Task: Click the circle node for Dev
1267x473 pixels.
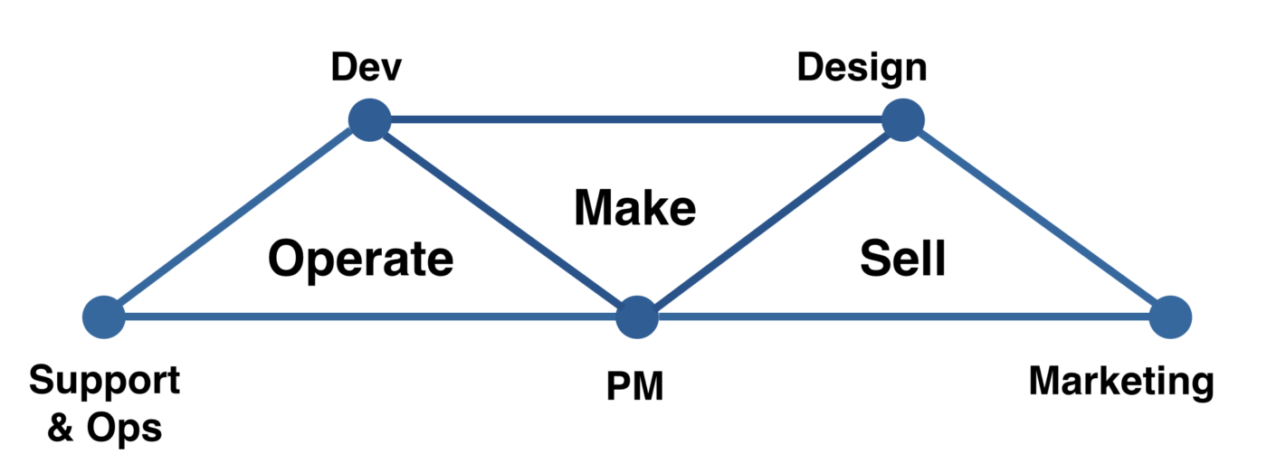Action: point(369,119)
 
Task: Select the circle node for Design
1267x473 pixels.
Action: point(902,119)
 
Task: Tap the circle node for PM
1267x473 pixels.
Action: point(637,317)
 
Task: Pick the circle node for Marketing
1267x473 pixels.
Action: point(1170,317)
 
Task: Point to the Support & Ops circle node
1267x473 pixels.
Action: point(104,317)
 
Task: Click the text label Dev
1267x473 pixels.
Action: point(367,67)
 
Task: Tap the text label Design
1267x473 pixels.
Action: point(862,68)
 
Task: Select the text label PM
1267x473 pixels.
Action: point(634,387)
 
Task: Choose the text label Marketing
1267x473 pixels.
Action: point(1121,382)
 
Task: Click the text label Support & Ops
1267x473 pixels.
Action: point(104,403)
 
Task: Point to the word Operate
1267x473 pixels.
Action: point(361,260)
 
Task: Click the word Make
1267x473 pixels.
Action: point(635,208)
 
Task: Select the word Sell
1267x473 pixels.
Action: point(902,260)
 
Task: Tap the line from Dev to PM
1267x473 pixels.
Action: point(503,219)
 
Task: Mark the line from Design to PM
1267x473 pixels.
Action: point(769,219)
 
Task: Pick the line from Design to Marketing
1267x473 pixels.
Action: point(1036,219)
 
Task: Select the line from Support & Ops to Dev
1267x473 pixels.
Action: point(236,219)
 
